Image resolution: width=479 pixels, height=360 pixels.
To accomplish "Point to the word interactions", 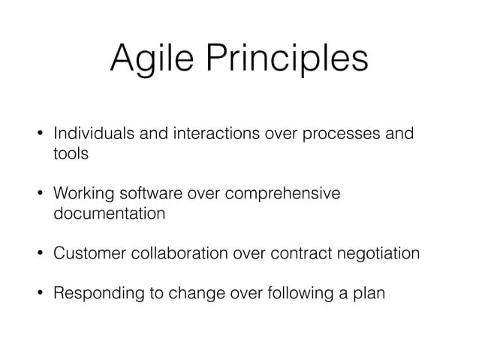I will click(x=202, y=135).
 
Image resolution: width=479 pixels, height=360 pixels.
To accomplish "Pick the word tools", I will click(x=71, y=154).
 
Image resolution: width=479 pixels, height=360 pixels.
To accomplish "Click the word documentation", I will click(x=109, y=213).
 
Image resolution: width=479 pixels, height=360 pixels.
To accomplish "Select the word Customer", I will click(x=86, y=253).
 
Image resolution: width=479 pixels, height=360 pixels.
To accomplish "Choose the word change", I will click(x=187, y=294).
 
